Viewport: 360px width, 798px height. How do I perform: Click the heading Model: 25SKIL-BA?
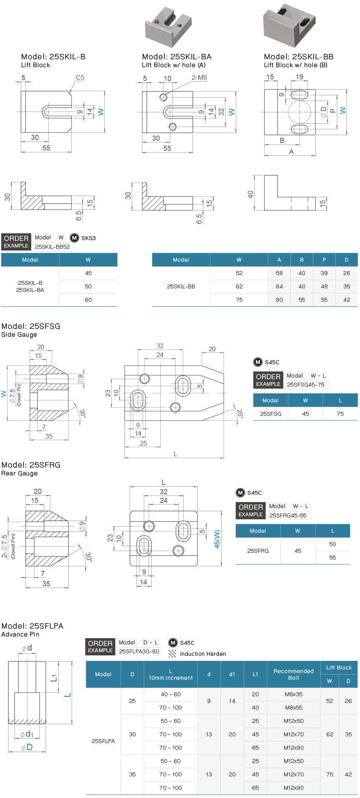point(176,57)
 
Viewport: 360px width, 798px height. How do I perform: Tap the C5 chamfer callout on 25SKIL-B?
point(80,77)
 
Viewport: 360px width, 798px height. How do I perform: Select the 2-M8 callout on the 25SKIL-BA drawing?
point(199,77)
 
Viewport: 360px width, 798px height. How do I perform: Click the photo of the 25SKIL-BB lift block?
point(289,26)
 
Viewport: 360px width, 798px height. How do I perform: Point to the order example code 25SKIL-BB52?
point(52,247)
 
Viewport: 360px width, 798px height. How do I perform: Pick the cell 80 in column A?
point(279,300)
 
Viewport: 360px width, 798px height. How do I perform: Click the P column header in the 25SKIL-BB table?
point(324,260)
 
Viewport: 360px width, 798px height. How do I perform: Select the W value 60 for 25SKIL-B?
point(88,300)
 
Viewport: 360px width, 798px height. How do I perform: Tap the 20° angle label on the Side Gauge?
point(240,413)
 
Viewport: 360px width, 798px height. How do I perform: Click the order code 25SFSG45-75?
point(305,385)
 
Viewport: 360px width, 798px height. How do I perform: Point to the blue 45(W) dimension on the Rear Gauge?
point(217,539)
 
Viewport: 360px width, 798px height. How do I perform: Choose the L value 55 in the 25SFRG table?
point(332,558)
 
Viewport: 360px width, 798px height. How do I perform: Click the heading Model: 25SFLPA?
point(32,626)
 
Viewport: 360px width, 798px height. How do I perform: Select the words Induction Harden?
point(203,654)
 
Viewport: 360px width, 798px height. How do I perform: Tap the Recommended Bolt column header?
point(294,674)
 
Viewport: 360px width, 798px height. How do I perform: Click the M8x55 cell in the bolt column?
point(294,708)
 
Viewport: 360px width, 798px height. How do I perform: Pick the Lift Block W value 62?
point(329,734)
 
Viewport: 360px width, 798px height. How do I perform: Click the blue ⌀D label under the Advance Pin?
point(27,747)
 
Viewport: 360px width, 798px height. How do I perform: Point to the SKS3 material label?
point(88,238)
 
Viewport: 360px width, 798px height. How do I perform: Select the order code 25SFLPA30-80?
point(139,651)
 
